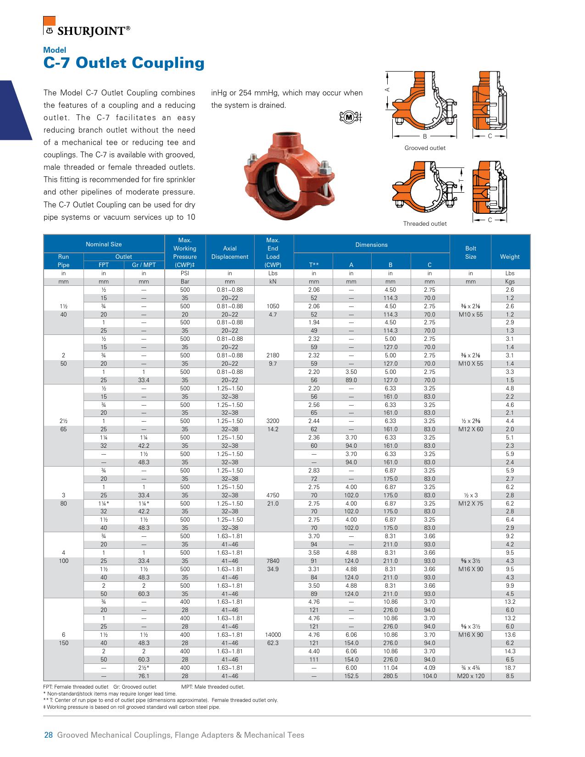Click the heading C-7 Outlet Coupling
click(x=123, y=62)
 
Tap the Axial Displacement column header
click(x=229, y=252)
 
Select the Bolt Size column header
click(x=470, y=252)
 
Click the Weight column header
click(x=510, y=256)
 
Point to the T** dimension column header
click(x=314, y=265)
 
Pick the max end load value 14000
click(x=273, y=635)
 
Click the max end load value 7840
click(x=273, y=561)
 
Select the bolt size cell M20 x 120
click(x=470, y=676)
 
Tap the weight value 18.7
click(x=510, y=668)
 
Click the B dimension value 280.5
click(x=390, y=676)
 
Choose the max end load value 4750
click(x=273, y=495)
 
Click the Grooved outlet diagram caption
click(x=424, y=148)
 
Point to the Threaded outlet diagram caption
click(x=424, y=223)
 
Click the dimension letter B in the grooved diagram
click(x=425, y=136)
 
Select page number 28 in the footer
click(x=48, y=735)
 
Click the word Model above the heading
click(x=55, y=50)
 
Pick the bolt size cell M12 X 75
click(x=470, y=503)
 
